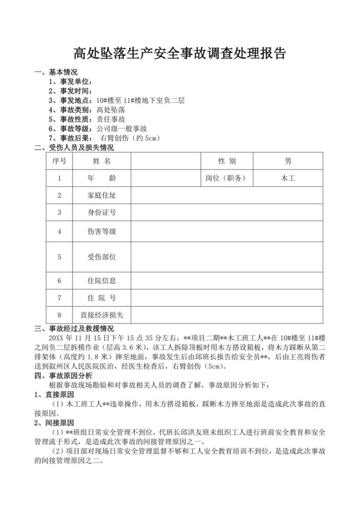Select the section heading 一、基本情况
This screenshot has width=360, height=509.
(x=60, y=73)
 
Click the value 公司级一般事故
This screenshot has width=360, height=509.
(x=122, y=129)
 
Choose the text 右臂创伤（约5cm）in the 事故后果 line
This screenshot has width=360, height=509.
(x=129, y=138)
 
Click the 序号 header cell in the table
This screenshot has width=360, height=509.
(x=59, y=160)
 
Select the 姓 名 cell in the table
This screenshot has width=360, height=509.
(x=102, y=160)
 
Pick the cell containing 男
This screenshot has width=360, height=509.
(x=288, y=160)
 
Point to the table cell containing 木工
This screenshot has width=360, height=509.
(x=288, y=177)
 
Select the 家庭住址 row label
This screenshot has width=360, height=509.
(x=102, y=194)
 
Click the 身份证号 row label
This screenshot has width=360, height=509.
(x=102, y=211)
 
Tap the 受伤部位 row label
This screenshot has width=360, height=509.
(x=102, y=256)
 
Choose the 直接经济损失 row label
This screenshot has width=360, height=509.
(x=102, y=315)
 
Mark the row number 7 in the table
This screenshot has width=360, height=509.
(x=59, y=298)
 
